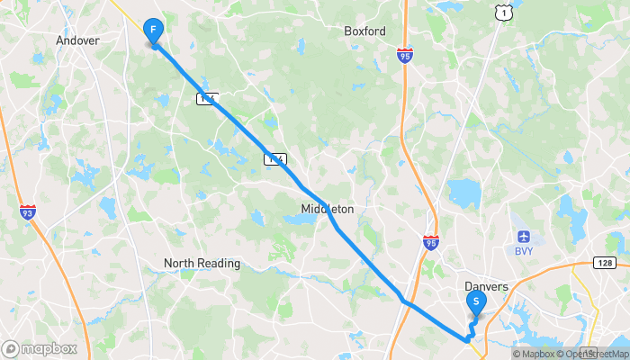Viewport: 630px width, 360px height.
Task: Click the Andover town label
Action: point(77,40)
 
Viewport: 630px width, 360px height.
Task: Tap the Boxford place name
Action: point(364,31)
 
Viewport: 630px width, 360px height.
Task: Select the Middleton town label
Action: point(328,209)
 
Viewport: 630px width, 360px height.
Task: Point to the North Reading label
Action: point(202,264)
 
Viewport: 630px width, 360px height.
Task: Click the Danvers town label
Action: point(487,287)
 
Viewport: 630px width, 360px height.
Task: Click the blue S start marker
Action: point(475,303)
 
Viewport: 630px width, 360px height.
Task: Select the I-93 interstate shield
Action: point(28,212)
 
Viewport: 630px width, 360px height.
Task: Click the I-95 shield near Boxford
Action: point(405,56)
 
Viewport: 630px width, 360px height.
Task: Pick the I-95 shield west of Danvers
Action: point(431,243)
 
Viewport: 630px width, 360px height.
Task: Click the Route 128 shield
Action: point(604,262)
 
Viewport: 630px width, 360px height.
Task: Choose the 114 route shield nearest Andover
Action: point(207,97)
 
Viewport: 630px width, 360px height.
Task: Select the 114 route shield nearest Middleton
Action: point(275,159)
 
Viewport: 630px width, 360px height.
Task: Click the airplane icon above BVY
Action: point(525,237)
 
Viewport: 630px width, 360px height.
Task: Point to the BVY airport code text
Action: point(525,251)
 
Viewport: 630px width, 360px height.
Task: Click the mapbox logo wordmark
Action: point(40,348)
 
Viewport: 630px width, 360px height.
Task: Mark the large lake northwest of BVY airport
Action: point(463,193)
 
